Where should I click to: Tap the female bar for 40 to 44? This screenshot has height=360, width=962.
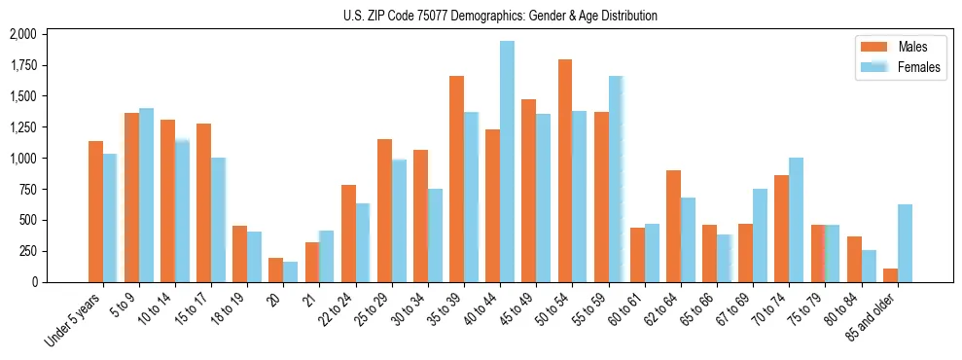click(x=507, y=162)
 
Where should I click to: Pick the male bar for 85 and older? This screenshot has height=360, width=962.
click(x=890, y=275)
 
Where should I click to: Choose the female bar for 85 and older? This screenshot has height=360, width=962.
click(x=905, y=243)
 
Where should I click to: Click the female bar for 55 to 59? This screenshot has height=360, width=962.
click(x=616, y=179)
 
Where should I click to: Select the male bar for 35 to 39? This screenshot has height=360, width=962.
click(x=456, y=179)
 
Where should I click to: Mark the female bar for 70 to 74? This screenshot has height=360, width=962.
click(x=796, y=220)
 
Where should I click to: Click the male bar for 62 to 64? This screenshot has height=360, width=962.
click(x=673, y=226)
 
